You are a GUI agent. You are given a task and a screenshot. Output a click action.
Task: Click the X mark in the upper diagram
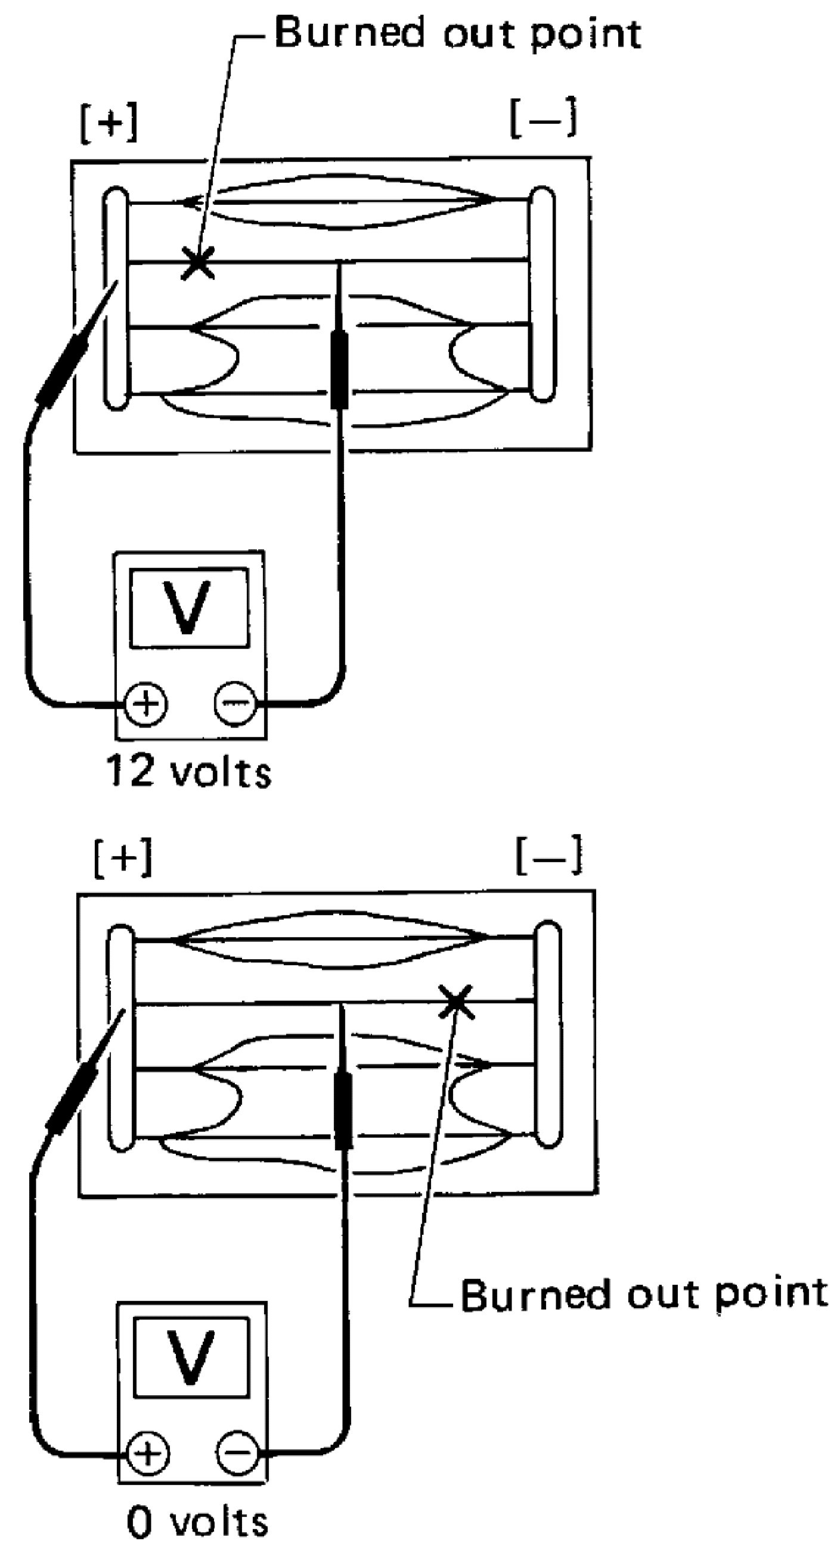point(197,263)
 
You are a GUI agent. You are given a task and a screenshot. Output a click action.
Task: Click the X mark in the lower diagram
point(456,1001)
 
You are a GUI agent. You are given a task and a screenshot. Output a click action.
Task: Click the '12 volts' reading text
point(189,773)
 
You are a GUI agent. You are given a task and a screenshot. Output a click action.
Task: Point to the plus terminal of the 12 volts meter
point(145,704)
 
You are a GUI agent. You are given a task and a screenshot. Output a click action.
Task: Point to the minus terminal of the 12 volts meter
point(236,703)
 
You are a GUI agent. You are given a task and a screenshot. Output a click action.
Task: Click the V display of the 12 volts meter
point(189,607)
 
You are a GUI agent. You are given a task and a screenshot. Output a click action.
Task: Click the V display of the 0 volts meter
point(191,1356)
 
